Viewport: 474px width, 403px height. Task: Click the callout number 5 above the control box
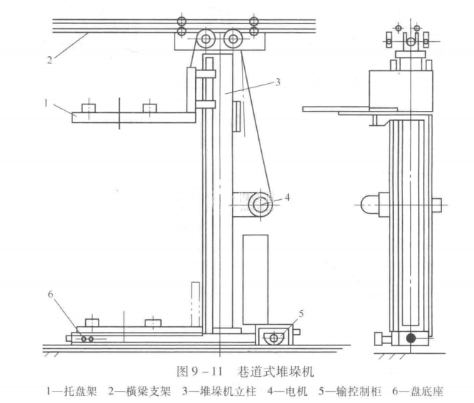click(x=301, y=312)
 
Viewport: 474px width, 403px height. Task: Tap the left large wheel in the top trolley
click(x=208, y=39)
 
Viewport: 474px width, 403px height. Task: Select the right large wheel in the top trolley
click(x=233, y=39)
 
